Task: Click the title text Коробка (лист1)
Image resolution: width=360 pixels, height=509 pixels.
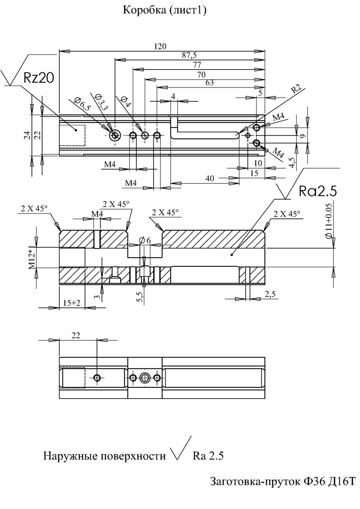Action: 164,10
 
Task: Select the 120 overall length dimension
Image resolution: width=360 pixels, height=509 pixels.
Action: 160,46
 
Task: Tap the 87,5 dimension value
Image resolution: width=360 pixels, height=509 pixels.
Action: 189,55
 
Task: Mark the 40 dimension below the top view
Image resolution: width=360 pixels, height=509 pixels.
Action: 210,179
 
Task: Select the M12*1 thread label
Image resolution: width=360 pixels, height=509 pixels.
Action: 32,257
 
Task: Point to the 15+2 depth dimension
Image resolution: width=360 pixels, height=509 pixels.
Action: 72,303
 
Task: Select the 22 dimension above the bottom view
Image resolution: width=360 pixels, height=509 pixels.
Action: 76,335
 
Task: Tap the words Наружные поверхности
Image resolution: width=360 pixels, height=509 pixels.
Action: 104,456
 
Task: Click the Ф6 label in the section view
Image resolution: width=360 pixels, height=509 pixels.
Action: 145,240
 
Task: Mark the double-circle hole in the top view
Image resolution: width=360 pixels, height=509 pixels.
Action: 115,136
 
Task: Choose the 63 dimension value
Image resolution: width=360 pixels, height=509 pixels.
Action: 210,83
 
